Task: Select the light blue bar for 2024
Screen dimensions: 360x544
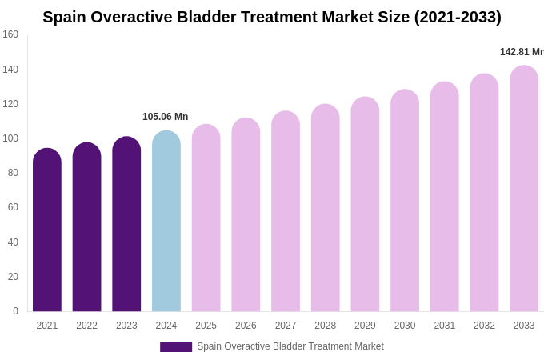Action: [166, 222]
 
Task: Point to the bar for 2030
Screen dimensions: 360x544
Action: [405, 201]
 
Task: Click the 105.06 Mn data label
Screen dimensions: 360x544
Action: [165, 117]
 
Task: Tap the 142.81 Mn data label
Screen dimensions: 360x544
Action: [521, 52]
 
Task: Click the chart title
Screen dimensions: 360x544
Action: [272, 17]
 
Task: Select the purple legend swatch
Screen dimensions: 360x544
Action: [176, 347]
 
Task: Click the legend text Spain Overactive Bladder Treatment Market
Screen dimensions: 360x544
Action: [290, 346]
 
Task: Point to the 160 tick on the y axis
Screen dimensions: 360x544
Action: [10, 34]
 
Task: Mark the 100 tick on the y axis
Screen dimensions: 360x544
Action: [10, 138]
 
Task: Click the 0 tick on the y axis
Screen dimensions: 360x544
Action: [15, 311]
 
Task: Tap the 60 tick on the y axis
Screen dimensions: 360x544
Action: [13, 207]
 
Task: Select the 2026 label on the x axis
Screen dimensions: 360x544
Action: [246, 326]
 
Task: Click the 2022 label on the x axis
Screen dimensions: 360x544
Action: [86, 326]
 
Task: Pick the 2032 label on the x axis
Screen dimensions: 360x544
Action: [484, 326]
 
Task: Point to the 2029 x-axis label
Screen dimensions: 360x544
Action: [365, 326]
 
